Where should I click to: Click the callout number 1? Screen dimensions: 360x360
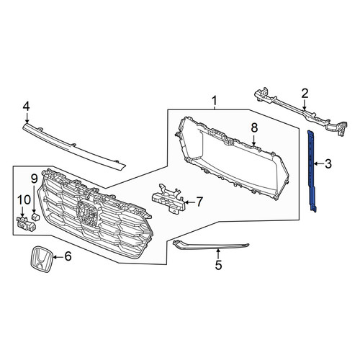pos(214,101)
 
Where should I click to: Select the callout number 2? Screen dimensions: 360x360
pos(305,94)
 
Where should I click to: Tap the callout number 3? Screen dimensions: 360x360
pos(328,164)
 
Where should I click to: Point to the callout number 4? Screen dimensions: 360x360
pos(26,107)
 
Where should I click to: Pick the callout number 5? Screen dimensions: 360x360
pos(218,265)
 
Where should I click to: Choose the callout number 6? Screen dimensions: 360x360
pos(68,256)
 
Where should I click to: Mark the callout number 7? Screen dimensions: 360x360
pos(199,202)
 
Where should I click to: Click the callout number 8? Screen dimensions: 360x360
pos(254,127)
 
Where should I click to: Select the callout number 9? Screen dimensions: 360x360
pos(34,179)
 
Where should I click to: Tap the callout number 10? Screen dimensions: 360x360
pos(24,199)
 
